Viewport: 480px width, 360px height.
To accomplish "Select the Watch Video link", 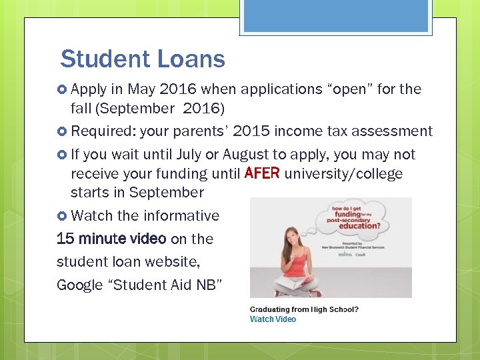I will coord(273,319).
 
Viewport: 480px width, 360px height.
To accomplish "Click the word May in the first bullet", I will coord(141,89).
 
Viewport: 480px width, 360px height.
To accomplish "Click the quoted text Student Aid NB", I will coord(170,285).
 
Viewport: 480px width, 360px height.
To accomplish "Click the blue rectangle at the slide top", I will coord(336,17).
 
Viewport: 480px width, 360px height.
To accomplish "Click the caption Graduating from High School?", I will coord(303,309).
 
